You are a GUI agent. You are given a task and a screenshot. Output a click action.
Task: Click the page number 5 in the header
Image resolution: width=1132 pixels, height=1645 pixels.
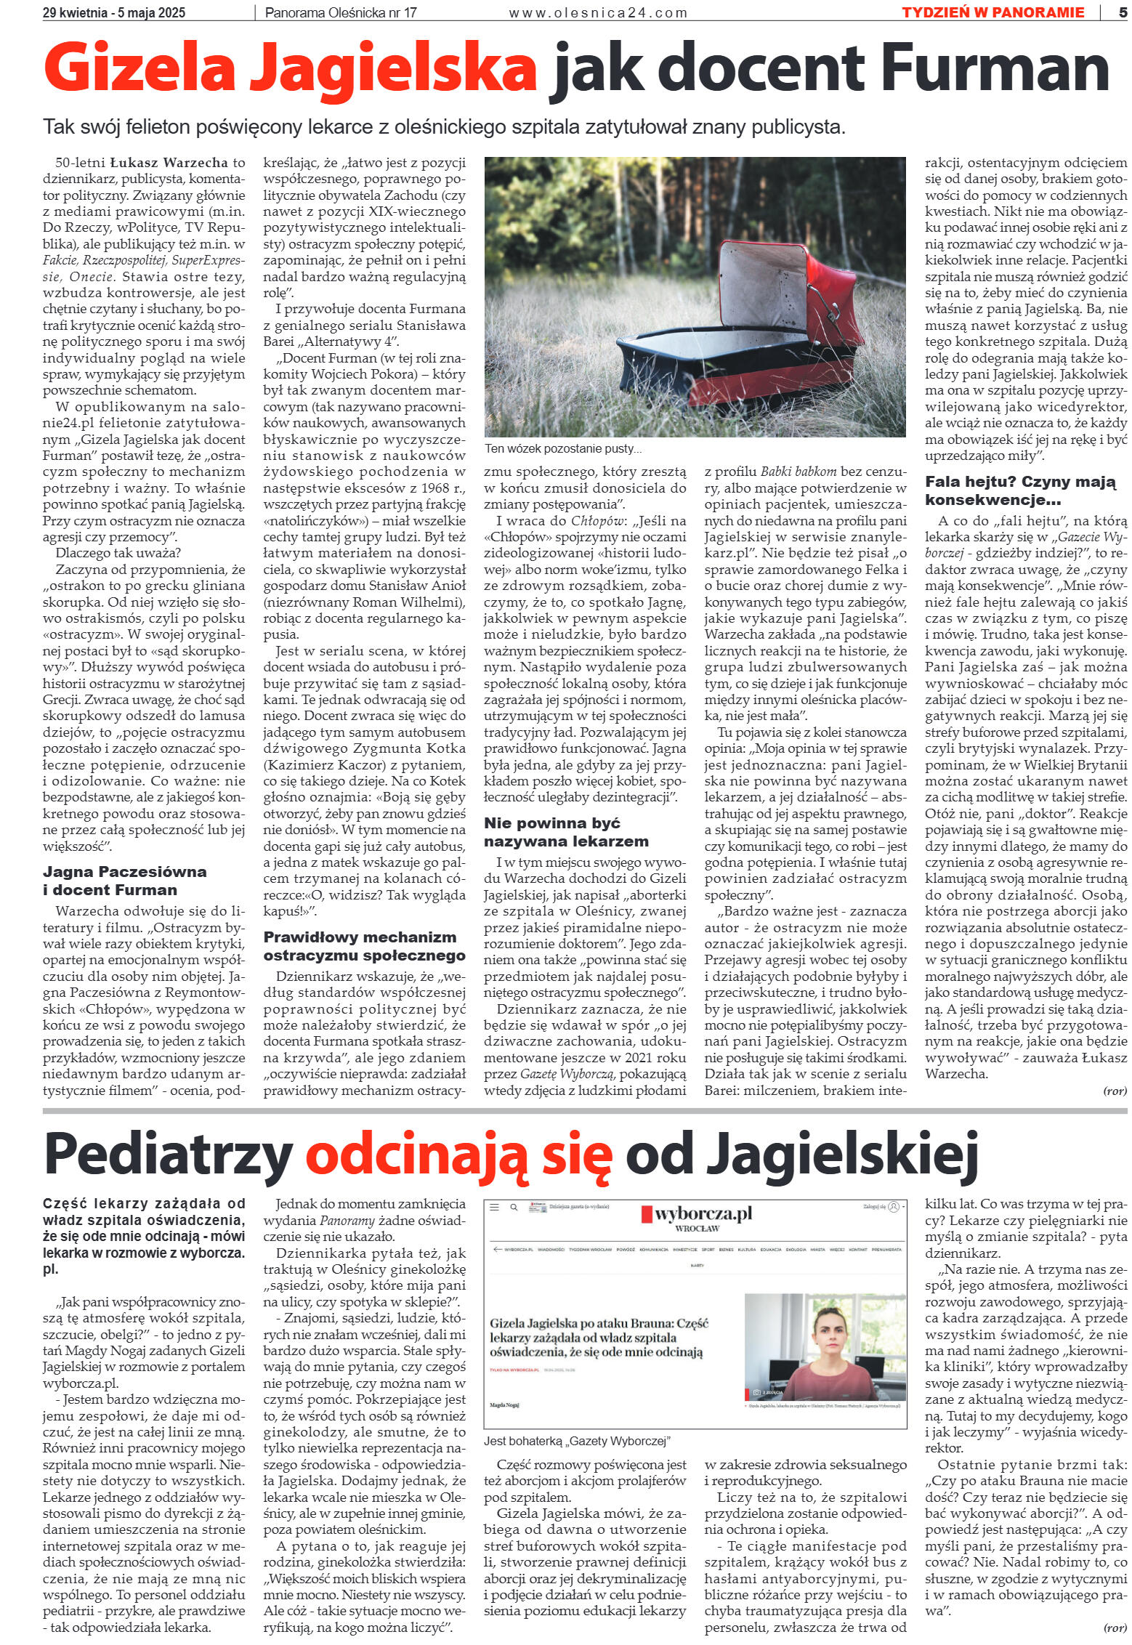tap(1123, 12)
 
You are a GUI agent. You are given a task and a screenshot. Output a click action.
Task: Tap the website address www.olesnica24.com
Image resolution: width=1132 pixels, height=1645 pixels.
tap(597, 12)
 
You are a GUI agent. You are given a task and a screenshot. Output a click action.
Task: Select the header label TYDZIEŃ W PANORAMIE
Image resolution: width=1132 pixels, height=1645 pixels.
tap(992, 12)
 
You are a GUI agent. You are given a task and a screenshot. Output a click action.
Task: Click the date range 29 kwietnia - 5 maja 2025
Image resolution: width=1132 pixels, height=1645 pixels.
tap(114, 12)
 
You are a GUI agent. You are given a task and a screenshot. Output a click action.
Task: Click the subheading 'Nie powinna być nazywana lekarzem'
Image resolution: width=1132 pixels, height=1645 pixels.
tap(566, 832)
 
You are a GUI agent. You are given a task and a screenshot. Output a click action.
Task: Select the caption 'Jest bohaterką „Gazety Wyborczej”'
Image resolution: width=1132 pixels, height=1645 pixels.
tap(577, 1441)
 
